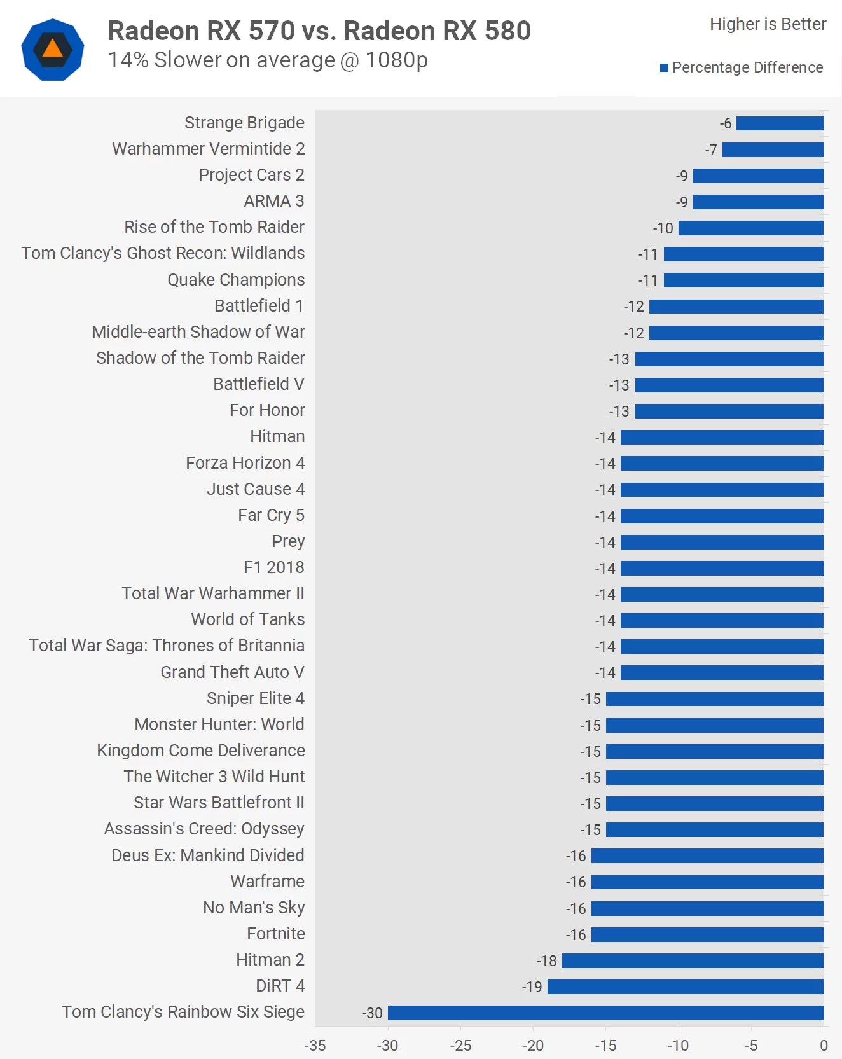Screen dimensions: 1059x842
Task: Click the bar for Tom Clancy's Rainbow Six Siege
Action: [605, 1013]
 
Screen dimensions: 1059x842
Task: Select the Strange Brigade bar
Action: [780, 123]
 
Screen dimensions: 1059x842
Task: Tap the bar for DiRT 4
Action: [685, 986]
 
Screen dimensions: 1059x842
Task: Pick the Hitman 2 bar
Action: [693, 960]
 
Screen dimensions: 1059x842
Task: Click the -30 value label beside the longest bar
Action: [373, 1013]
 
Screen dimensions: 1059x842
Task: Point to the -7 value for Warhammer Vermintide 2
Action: [711, 150]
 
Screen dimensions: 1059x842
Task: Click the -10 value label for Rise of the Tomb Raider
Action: [663, 228]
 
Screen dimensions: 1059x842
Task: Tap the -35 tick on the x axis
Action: [315, 1046]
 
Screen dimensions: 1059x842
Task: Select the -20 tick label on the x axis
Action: [533, 1046]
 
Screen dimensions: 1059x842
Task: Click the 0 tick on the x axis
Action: [824, 1046]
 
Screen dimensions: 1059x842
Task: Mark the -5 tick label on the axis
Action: [751, 1046]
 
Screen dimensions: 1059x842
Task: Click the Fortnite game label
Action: [275, 934]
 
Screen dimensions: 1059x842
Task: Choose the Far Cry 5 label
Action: [271, 515]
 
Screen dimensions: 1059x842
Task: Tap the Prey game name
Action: [288, 541]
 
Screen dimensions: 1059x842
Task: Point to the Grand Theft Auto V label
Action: [232, 672]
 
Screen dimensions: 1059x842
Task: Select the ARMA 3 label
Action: [274, 201]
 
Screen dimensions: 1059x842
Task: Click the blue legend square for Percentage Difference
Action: [664, 68]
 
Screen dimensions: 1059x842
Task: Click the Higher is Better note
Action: [768, 24]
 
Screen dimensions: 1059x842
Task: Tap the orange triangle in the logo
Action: [53, 49]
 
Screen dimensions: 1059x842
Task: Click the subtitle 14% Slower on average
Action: [268, 60]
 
